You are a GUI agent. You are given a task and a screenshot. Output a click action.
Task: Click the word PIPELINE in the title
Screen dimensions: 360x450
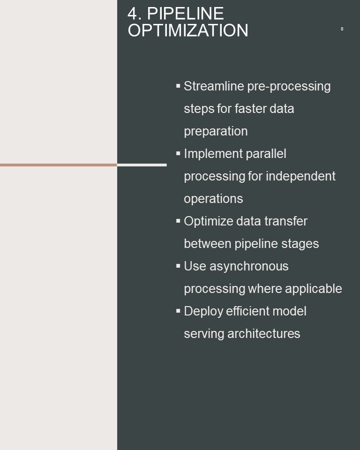(186, 14)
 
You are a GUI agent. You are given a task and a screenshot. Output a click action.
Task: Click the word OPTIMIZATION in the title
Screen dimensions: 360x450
(188, 30)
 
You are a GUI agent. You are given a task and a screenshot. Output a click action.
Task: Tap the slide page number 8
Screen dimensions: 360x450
(342, 29)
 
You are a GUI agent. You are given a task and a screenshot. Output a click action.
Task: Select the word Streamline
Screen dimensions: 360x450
(214, 86)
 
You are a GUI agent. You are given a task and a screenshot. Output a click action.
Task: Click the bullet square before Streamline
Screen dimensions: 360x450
(178, 85)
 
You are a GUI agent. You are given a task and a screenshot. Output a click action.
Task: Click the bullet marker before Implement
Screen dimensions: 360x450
(178, 153)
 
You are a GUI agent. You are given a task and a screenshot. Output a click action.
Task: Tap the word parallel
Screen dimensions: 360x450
(266, 154)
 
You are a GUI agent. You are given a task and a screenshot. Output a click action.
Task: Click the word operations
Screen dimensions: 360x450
(213, 199)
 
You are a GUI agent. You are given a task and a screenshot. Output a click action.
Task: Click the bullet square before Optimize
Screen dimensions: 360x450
(178, 221)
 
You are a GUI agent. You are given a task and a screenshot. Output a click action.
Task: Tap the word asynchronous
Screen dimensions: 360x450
(249, 267)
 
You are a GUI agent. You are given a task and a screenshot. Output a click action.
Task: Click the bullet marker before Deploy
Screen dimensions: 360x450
(178, 311)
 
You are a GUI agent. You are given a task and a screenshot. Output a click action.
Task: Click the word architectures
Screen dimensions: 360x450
(264, 334)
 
